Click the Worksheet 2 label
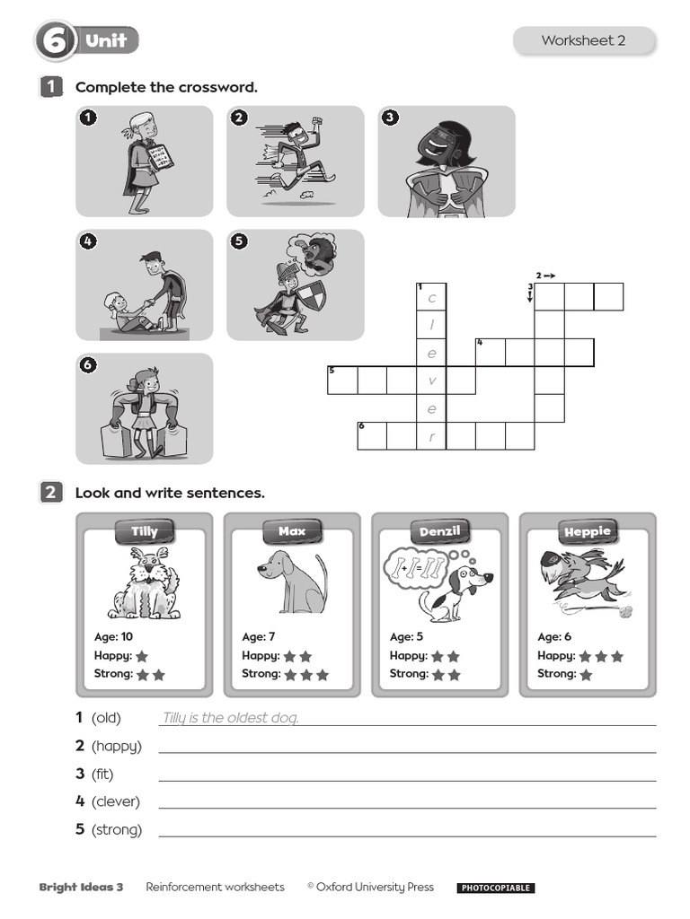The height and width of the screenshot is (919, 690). pos(583,40)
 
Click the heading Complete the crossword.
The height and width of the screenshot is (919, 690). pos(166,87)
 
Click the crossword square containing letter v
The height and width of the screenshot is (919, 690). pos(431,381)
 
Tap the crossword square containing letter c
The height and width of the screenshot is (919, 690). pos(431,298)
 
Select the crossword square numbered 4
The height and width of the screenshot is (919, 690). pos(491,352)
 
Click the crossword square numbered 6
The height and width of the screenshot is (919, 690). pos(372,435)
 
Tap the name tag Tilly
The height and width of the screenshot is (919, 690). pos(144,531)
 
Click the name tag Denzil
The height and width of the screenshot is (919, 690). pos(439,531)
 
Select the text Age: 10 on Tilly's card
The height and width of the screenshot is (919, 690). pos(113,637)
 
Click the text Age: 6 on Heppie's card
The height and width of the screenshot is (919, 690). pos(553,637)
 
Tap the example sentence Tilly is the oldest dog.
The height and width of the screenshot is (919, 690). pos(230,718)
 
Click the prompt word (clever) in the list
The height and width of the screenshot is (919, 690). pos(116,801)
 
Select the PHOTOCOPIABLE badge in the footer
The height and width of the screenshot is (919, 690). pos(495,888)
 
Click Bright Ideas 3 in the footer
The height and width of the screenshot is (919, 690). pos(81,888)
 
